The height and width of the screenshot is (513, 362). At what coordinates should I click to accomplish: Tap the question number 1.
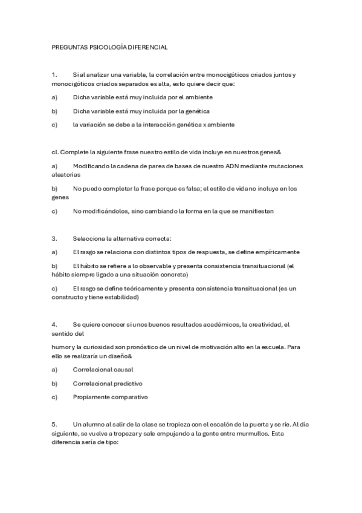pyautogui.click(x=54, y=74)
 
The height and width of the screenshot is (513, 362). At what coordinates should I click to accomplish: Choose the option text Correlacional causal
pyautogui.click(x=103, y=369)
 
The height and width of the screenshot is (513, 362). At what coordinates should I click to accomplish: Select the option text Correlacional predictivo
pyautogui.click(x=107, y=383)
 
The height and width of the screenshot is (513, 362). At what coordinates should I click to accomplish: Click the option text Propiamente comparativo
pyautogui.click(x=110, y=397)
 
